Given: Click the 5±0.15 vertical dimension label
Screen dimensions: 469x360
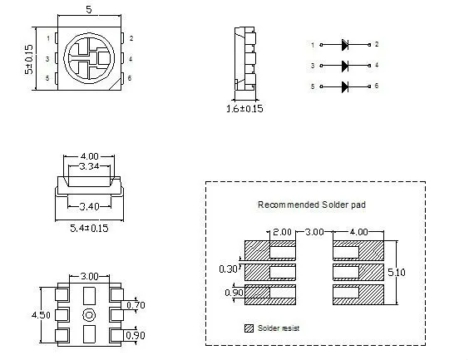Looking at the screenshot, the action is coord(29,60).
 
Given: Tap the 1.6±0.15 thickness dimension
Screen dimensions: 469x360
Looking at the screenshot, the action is coord(244,109).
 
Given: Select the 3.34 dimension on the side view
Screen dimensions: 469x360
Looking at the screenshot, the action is coord(89,166).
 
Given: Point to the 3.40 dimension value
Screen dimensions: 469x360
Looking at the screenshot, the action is coord(89,206).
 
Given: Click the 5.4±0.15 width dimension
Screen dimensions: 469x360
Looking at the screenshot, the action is coord(89,229).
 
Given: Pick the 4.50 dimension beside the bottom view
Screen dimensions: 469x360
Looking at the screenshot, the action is coord(42,315).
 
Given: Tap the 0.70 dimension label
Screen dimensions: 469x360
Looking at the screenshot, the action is coord(136,305).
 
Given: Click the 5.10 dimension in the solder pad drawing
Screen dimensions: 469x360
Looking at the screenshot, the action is coord(397,273).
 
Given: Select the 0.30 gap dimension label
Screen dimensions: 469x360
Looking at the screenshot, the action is coord(228,269).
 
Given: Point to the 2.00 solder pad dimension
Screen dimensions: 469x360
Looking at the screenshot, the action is coord(282,232).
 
